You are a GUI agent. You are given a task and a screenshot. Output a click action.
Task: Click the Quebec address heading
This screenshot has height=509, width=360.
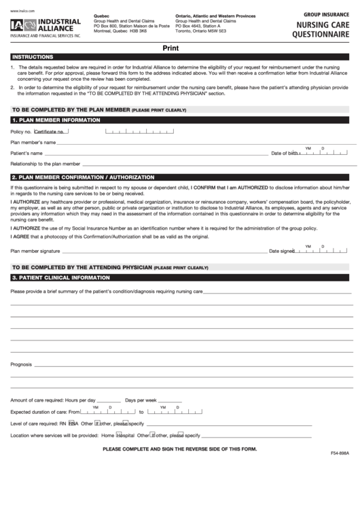pyautogui.click(x=101, y=15)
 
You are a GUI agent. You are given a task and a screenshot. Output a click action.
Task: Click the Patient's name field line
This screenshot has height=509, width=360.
pyautogui.click(x=149, y=154)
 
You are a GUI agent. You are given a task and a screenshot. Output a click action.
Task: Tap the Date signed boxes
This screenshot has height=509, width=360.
pyautogui.click(x=319, y=251)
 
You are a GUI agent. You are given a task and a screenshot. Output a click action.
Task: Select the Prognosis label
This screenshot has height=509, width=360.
pyautogui.click(x=21, y=365)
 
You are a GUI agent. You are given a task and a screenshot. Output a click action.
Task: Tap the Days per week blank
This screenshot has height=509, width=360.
pyautogui.click(x=170, y=400)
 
